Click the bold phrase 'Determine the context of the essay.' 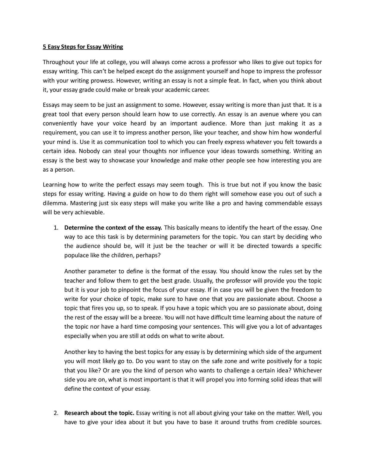[113, 228]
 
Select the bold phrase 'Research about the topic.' [99, 413]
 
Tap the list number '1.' [56, 228]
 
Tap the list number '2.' [56, 413]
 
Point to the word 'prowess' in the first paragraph [103, 81]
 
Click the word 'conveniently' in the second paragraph [60, 123]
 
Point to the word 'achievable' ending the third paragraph [90, 212]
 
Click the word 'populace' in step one [76, 255]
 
